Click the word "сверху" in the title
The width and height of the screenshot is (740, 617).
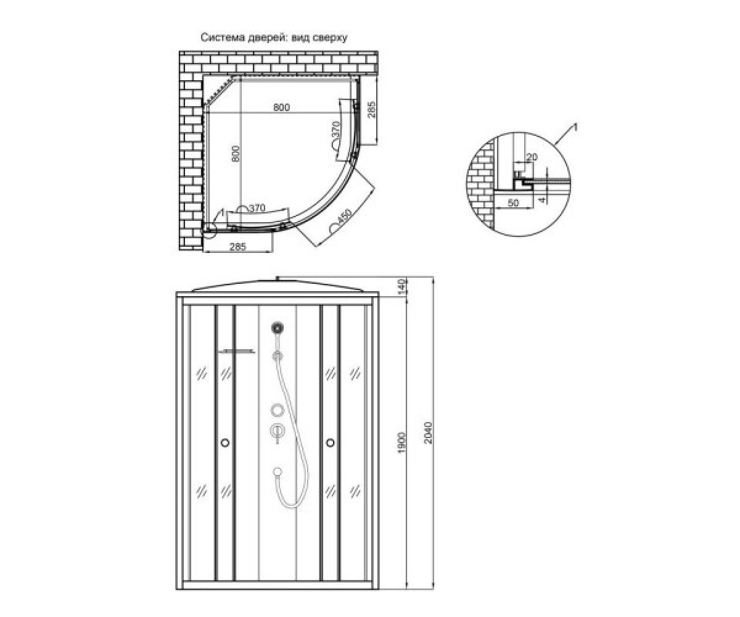point(330,38)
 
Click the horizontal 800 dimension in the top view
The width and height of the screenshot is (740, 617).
point(281,107)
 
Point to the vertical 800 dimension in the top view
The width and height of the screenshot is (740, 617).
point(236,154)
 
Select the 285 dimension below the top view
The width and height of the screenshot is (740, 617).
point(237,246)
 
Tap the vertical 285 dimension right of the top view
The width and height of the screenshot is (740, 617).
point(371,110)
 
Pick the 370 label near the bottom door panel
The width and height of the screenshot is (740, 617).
point(257,208)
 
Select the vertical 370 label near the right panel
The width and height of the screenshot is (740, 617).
point(336,130)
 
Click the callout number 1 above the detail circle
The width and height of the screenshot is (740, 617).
point(575,127)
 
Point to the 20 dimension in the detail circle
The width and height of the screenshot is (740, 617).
point(532,157)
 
